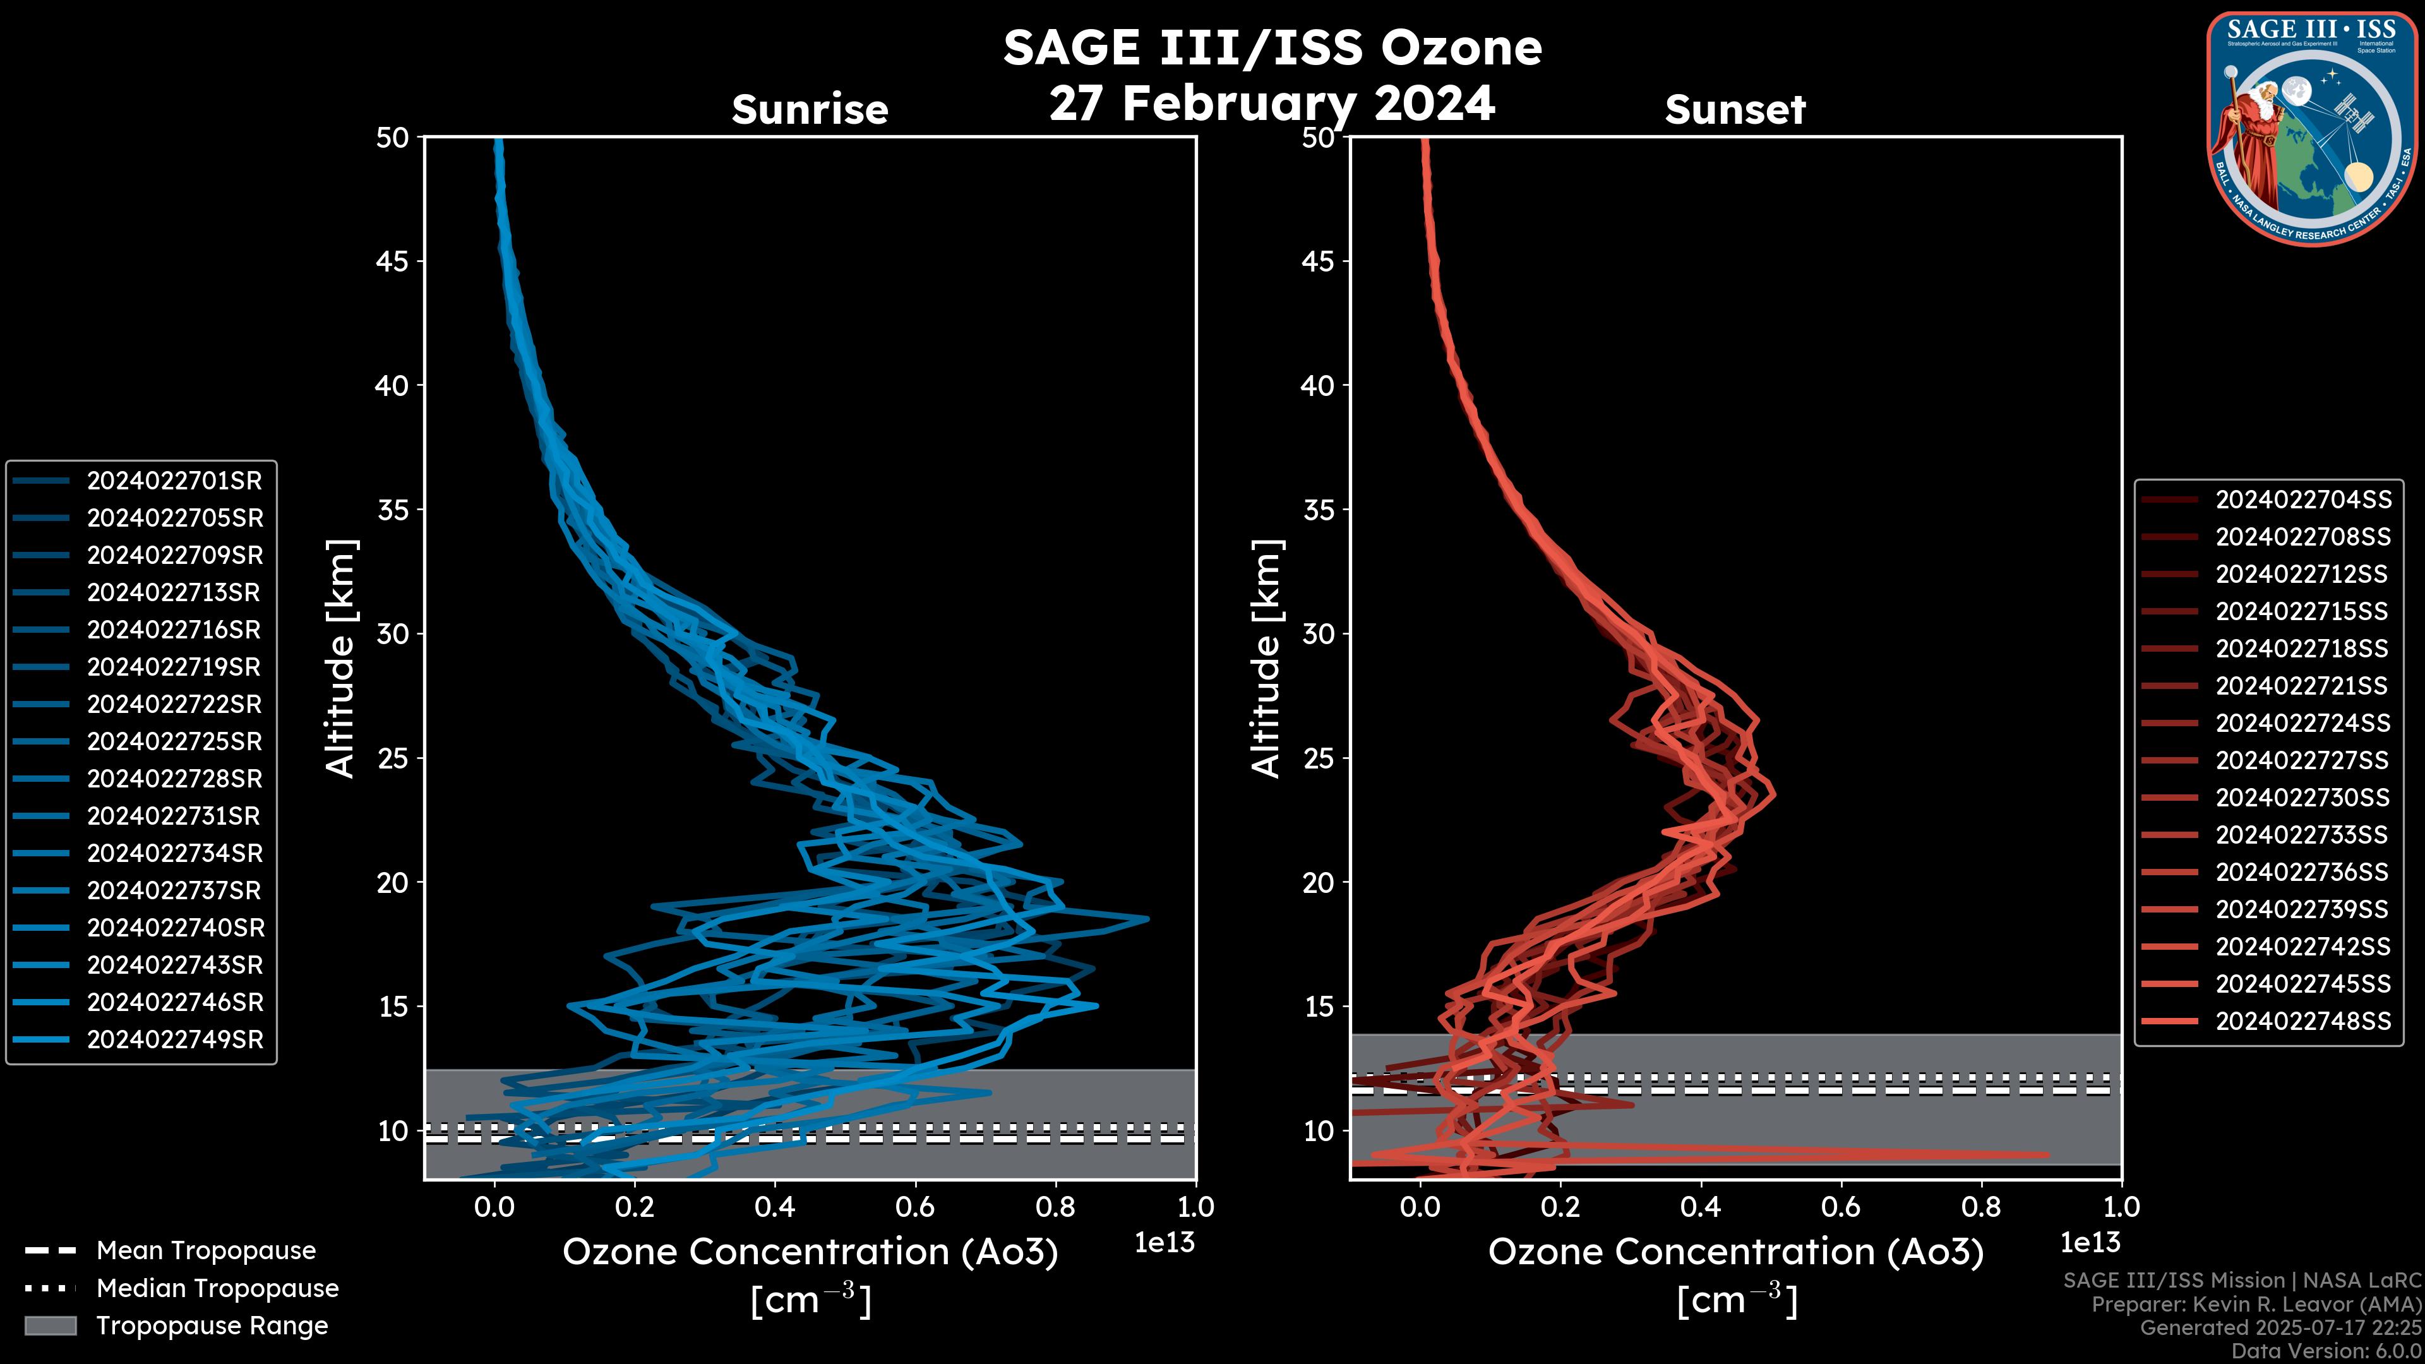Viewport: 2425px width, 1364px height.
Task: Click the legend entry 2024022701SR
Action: (174, 481)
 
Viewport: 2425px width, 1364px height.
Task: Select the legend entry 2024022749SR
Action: (174, 1040)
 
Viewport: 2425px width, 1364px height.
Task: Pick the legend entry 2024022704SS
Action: (2302, 500)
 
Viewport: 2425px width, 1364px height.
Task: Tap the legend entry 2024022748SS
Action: (2302, 1021)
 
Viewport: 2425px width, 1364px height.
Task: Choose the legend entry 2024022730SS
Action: (2302, 798)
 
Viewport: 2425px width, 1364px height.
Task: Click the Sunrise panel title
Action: (810, 110)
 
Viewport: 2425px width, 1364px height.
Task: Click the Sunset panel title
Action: (1735, 110)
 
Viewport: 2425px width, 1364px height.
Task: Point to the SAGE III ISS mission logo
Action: (2312, 129)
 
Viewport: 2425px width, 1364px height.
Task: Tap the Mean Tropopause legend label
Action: (206, 1251)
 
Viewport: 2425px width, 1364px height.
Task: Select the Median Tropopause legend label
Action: (217, 1289)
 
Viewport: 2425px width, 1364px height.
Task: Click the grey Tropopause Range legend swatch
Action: (50, 1325)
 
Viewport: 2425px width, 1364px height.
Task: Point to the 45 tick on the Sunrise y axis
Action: (393, 261)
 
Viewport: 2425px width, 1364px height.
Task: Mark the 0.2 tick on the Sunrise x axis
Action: (635, 1207)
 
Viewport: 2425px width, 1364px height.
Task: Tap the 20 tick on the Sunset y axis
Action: (1318, 883)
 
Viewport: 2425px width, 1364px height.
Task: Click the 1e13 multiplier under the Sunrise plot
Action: (1165, 1243)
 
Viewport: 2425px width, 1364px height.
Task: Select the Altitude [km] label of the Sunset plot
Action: (1267, 659)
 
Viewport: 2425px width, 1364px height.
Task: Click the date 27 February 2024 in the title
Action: (1272, 104)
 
